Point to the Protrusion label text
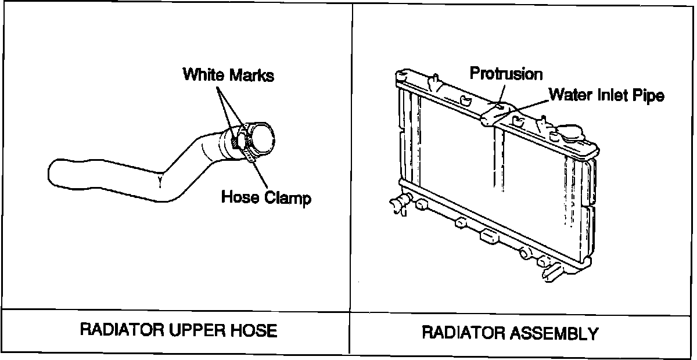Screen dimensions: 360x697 click(506, 74)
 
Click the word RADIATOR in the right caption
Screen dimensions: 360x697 click(459, 333)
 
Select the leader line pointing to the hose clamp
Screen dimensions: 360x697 click(261, 174)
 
